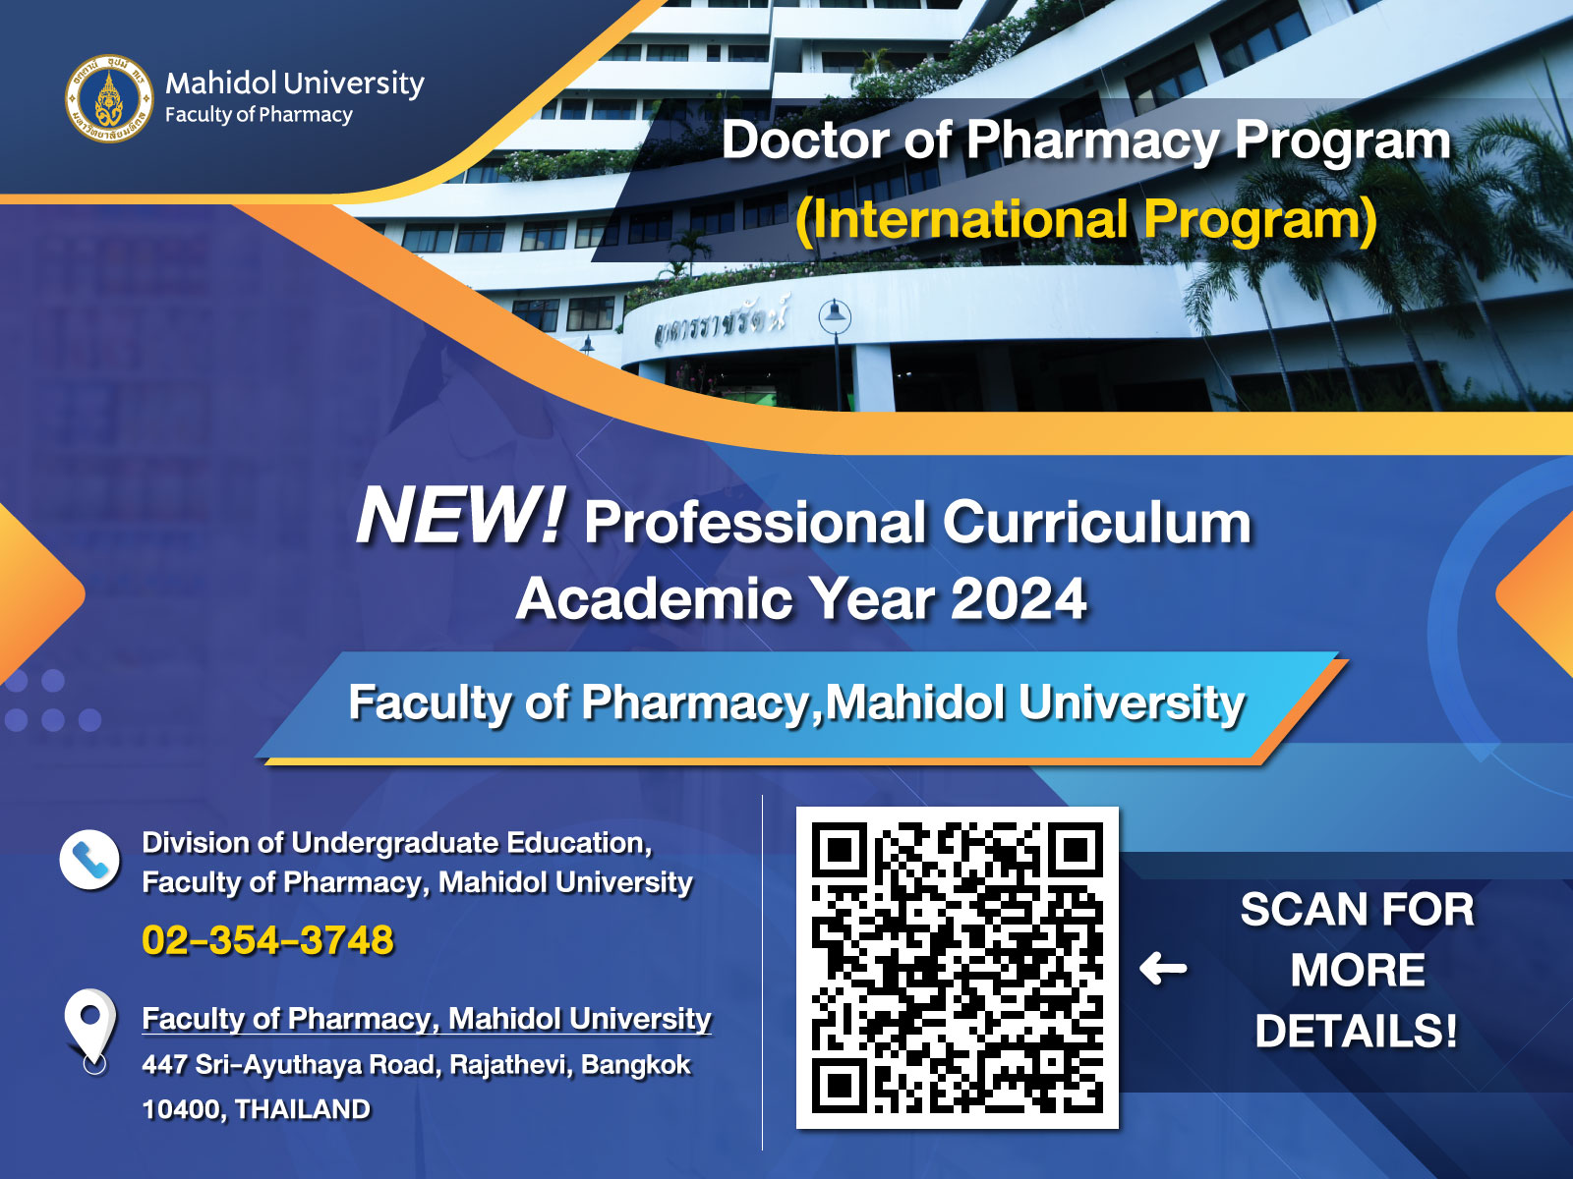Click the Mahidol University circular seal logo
pos(109,99)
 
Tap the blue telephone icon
pos(89,859)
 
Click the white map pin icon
pos(91,1029)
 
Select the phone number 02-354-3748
pos(268,940)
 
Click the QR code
pos(958,967)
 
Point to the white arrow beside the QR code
pos(1163,969)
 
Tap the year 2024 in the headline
pos(1020,598)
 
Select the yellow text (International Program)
pos(1085,219)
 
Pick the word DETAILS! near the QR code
pos(1356,1032)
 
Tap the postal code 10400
pos(184,1109)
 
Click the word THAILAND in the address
pos(303,1109)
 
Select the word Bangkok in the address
pos(636,1065)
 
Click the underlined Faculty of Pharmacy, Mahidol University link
pos(427,1019)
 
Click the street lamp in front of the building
pos(836,355)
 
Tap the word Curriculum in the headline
pos(1096,523)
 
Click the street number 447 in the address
pos(164,1065)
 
